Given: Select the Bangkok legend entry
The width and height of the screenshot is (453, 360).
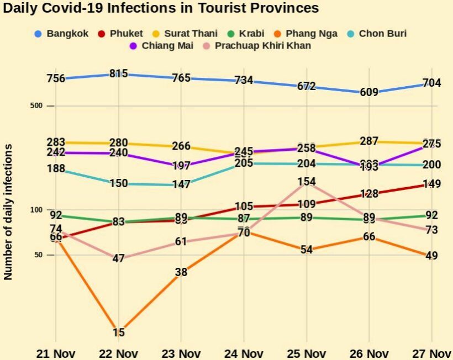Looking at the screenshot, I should (61, 34).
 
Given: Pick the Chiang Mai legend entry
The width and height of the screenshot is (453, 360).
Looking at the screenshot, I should (161, 45).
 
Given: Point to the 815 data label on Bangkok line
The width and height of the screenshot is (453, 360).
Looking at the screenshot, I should (119, 73).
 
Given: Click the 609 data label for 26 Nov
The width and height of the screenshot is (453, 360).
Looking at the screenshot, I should (368, 92).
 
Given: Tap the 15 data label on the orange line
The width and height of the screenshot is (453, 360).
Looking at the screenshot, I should (119, 332).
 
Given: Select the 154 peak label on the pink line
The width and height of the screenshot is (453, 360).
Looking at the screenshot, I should (307, 182).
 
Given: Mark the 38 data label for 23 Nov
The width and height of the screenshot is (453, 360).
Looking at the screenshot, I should (181, 272).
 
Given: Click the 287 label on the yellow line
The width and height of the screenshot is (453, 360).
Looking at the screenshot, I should (368, 141).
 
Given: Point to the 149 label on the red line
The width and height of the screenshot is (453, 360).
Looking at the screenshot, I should (431, 184).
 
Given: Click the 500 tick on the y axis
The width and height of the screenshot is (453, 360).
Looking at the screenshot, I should (36, 105).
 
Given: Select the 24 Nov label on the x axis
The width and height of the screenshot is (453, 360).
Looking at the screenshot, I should (244, 353).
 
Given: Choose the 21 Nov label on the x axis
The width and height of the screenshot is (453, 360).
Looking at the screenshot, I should (56, 353).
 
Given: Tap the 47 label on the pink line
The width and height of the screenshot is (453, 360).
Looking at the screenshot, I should (118, 258).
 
